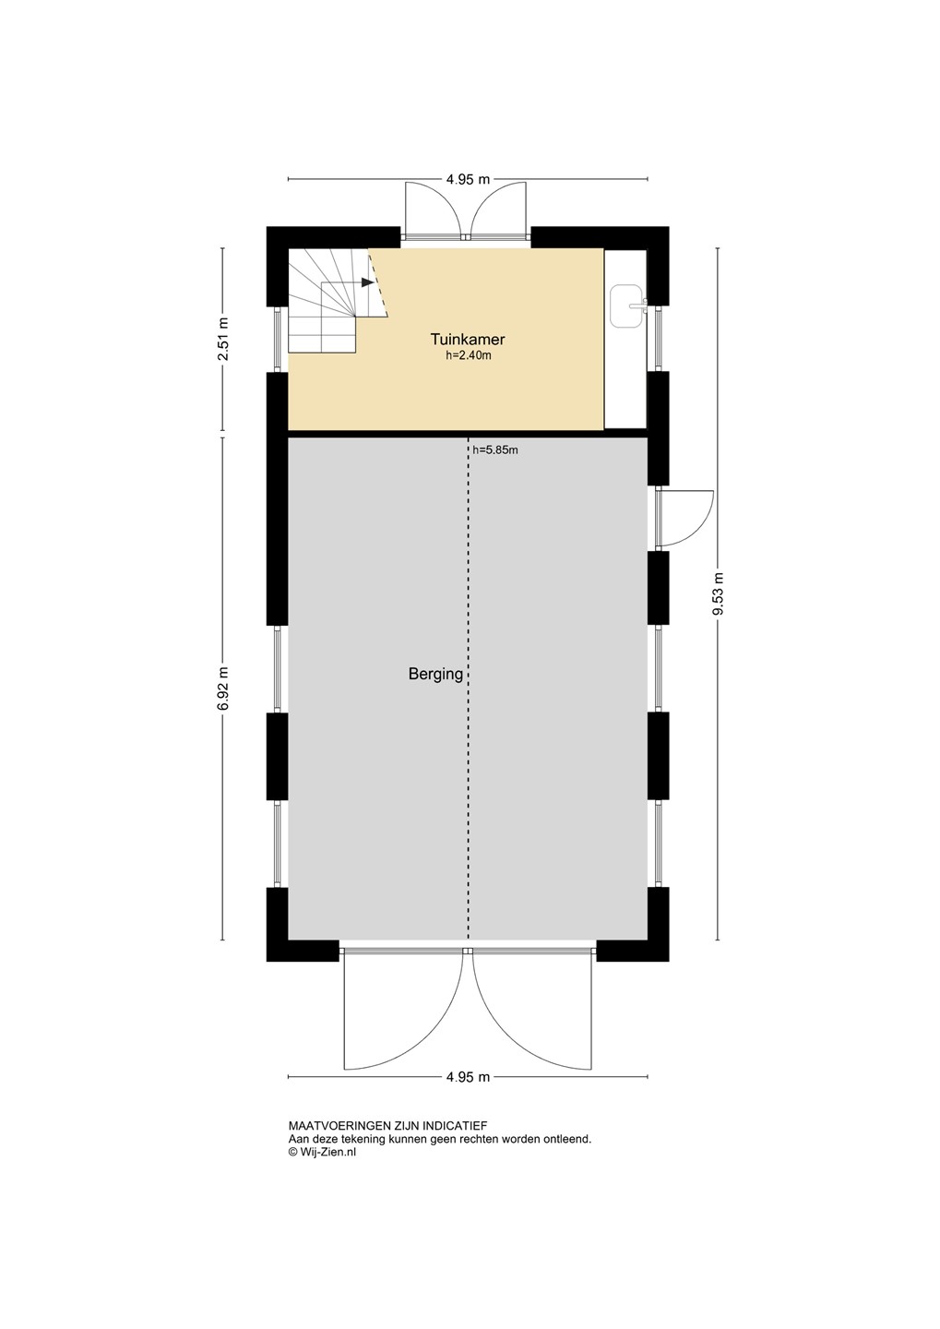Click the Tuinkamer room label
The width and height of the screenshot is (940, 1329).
(x=468, y=340)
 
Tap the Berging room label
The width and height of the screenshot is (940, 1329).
(x=435, y=674)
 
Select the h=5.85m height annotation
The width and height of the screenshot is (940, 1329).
(x=495, y=450)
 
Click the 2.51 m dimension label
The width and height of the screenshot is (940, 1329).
(x=222, y=340)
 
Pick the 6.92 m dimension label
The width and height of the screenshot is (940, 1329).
(x=222, y=688)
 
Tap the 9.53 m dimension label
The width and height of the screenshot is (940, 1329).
(x=719, y=594)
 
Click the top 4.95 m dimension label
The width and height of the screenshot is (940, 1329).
(x=469, y=179)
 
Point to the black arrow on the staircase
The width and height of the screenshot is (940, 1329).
(x=368, y=282)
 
